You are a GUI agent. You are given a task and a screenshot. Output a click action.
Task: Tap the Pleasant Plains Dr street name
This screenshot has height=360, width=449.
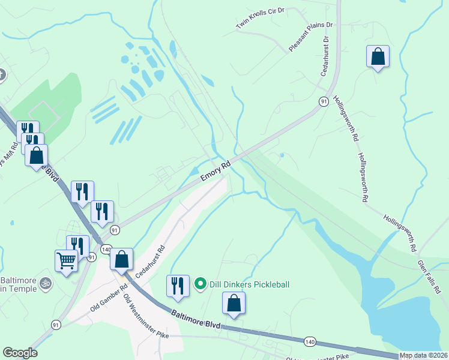click(311, 37)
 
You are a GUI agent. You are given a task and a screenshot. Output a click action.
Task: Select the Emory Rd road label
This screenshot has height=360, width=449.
click(215, 170)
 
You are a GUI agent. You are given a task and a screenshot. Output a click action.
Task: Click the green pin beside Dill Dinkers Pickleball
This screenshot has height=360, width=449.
click(200, 283)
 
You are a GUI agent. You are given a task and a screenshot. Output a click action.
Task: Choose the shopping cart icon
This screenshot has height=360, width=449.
click(66, 260)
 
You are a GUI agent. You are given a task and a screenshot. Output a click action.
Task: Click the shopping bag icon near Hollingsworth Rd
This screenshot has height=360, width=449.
click(378, 56)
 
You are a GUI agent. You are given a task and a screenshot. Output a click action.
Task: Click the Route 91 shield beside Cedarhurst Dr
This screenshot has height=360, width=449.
click(324, 101)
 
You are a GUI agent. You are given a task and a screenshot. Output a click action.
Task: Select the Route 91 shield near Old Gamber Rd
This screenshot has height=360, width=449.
click(56, 325)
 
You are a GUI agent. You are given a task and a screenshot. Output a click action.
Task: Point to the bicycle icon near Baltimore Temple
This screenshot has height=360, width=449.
click(44, 282)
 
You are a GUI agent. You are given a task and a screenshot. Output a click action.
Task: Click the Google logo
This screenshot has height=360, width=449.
click(20, 353)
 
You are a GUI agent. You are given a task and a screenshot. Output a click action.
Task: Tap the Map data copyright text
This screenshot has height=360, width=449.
click(423, 355)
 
